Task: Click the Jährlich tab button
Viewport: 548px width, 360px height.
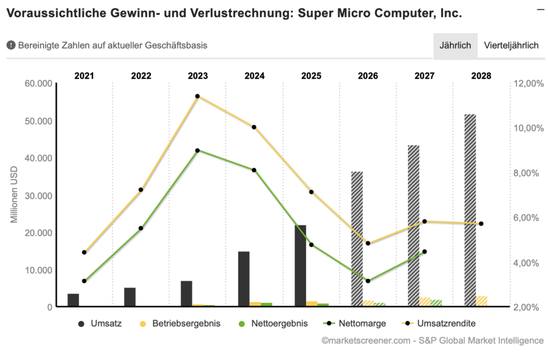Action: click(455, 45)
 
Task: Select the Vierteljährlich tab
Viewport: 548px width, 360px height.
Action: click(511, 45)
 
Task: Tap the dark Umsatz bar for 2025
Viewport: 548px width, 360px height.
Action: click(300, 266)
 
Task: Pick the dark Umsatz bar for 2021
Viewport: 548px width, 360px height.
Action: click(73, 300)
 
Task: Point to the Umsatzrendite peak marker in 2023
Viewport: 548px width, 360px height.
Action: click(197, 96)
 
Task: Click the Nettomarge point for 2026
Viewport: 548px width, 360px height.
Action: click(368, 281)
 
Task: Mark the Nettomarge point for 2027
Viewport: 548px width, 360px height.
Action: click(424, 251)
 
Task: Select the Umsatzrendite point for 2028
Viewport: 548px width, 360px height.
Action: click(481, 224)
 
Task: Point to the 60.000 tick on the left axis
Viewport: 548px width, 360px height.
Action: click(39, 83)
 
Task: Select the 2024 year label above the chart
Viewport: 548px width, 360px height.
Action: click(254, 75)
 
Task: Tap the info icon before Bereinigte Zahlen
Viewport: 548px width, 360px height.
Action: click(11, 45)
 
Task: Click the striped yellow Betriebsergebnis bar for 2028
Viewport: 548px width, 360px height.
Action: click(482, 301)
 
